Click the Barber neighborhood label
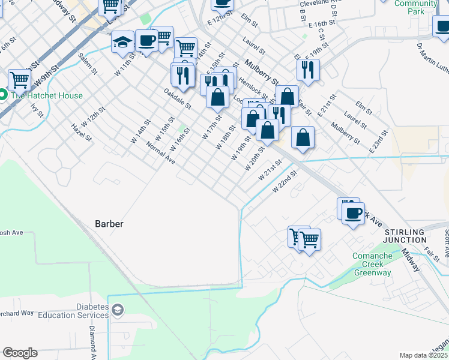(109, 224)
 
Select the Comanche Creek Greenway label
(372, 265)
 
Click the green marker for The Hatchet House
(2, 95)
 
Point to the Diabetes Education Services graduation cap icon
(118, 310)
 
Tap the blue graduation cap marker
(122, 42)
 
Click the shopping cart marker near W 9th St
(19, 79)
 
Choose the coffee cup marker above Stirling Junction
(353, 212)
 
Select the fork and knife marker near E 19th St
(308, 70)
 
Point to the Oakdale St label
(178, 98)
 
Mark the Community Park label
(415, 7)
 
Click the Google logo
(20, 353)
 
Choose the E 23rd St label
(376, 145)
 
